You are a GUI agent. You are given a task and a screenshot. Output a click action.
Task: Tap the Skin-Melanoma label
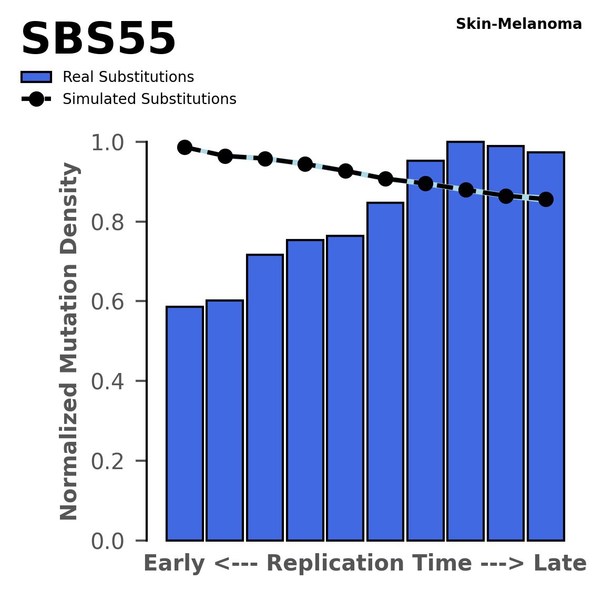(x=518, y=24)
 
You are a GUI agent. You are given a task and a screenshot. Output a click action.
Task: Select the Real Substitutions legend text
(x=128, y=77)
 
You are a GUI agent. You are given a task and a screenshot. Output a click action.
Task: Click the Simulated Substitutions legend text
(x=149, y=99)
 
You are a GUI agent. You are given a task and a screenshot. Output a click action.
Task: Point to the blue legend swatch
(x=36, y=77)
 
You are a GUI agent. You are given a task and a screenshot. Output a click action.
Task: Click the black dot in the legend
(x=36, y=99)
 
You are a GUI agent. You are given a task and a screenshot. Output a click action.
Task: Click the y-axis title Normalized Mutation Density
(x=70, y=341)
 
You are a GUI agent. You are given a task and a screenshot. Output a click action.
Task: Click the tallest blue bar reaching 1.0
(x=465, y=341)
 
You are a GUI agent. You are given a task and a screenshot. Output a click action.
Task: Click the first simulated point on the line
(x=185, y=147)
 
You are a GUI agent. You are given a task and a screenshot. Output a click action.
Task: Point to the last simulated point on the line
(x=546, y=200)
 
